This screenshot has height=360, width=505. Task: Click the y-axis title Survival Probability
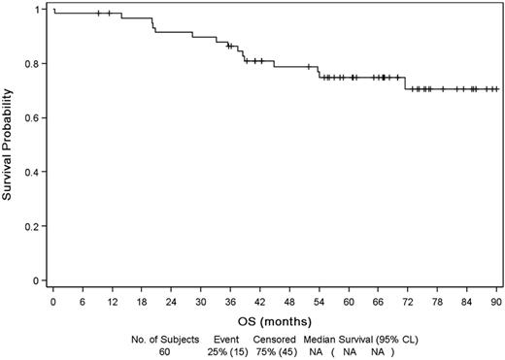click(x=9, y=146)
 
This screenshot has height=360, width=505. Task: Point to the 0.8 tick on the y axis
click(x=35, y=64)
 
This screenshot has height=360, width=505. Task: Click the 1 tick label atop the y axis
click(x=40, y=10)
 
